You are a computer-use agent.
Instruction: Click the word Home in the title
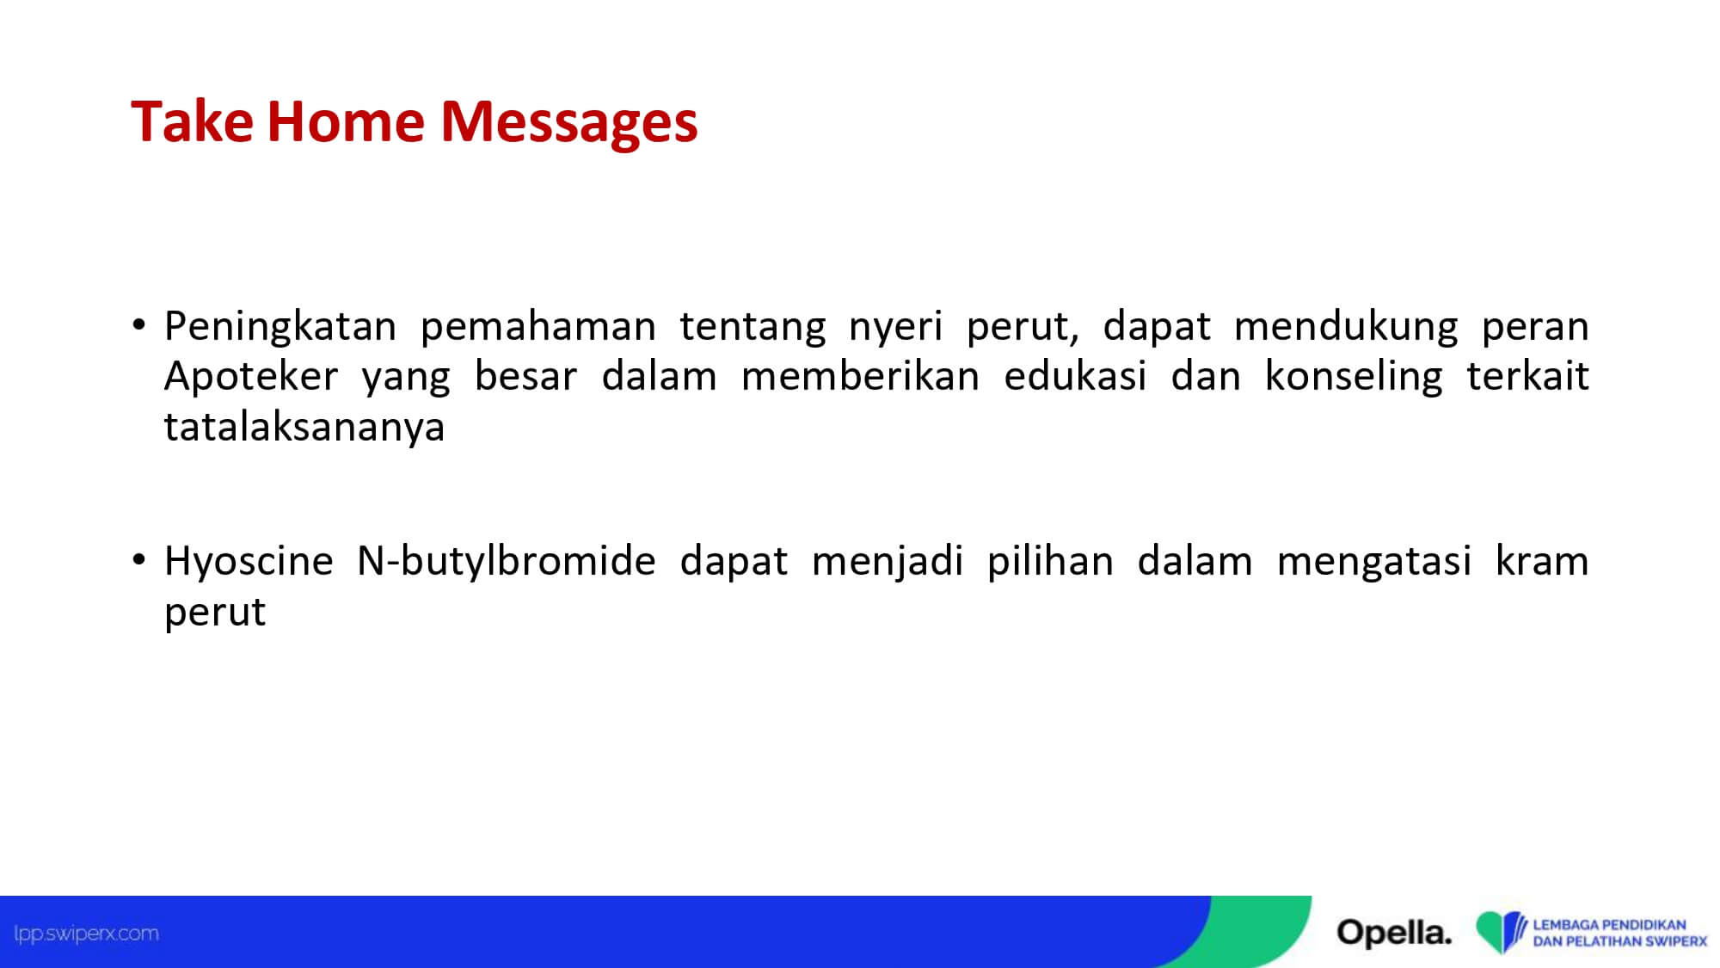click(346, 120)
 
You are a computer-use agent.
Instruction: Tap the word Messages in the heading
click(569, 123)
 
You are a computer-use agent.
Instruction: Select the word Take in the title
click(192, 120)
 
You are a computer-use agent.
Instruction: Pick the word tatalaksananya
click(304, 427)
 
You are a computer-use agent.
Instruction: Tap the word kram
click(1542, 561)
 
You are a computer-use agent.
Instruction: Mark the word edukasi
click(1075, 377)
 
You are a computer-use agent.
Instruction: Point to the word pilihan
click(1050, 562)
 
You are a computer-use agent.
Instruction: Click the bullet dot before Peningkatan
click(139, 325)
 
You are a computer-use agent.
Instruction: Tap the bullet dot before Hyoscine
click(139, 560)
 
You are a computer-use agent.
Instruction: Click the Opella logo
click(1394, 933)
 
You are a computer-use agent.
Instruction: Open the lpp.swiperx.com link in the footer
click(86, 934)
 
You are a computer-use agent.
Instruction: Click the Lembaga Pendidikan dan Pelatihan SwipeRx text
click(1619, 934)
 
